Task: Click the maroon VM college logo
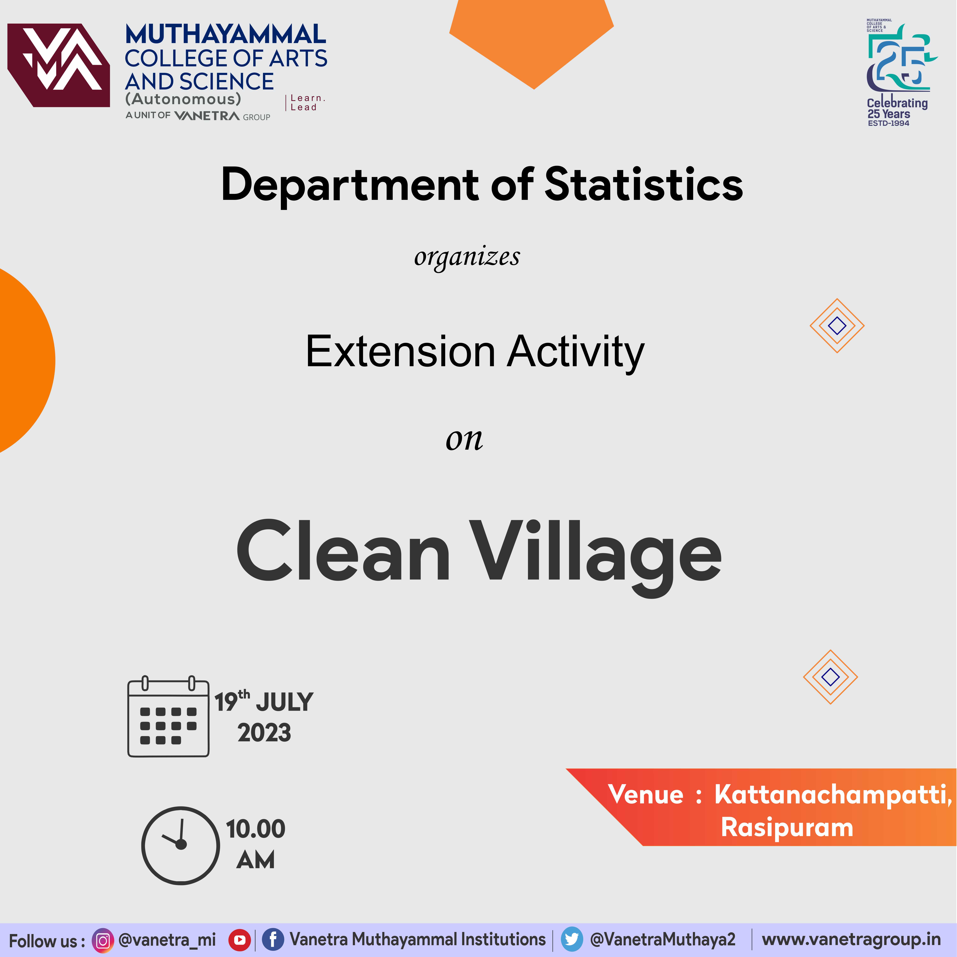pos(58,65)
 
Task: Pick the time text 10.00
pos(256,829)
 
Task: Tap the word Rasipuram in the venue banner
pos(787,827)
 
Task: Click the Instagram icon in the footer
pos(103,940)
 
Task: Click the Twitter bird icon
pos(572,940)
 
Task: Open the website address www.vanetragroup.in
pos(851,940)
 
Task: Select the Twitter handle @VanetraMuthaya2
pos(663,940)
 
